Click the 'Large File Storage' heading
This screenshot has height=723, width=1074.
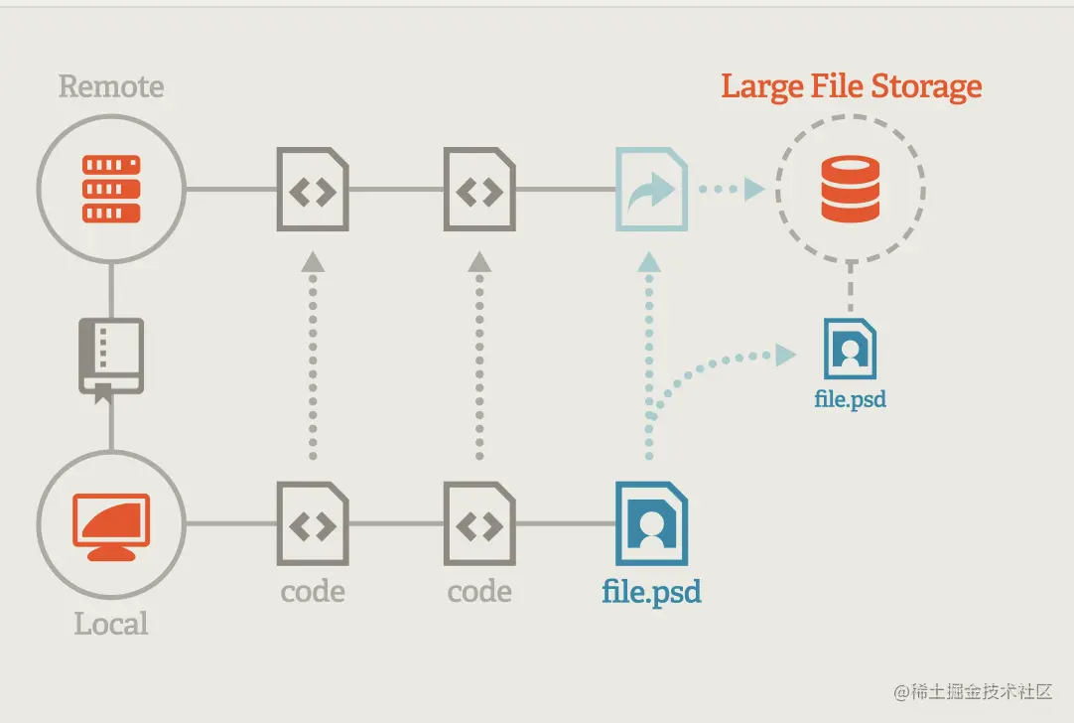(x=851, y=86)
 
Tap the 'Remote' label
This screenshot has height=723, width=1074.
(x=111, y=86)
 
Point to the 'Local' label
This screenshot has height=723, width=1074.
(x=111, y=624)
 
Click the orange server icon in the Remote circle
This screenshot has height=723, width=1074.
(x=111, y=188)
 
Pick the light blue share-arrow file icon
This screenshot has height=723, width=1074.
(x=651, y=189)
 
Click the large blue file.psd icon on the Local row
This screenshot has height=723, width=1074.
(x=651, y=522)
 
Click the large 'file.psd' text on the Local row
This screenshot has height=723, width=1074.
(x=651, y=593)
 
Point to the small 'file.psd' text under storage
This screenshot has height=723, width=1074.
(x=850, y=400)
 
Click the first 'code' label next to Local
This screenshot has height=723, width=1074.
(x=313, y=592)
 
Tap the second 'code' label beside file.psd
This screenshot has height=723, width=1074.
(x=479, y=592)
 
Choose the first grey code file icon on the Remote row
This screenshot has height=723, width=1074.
(x=313, y=189)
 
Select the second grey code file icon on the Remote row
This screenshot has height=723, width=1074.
(x=479, y=189)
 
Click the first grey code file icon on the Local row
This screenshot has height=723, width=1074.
(x=313, y=522)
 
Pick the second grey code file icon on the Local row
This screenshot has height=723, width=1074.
(x=479, y=522)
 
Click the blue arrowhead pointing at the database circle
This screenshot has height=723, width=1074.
(x=754, y=189)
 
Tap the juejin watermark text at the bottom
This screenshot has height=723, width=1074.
(x=973, y=691)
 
